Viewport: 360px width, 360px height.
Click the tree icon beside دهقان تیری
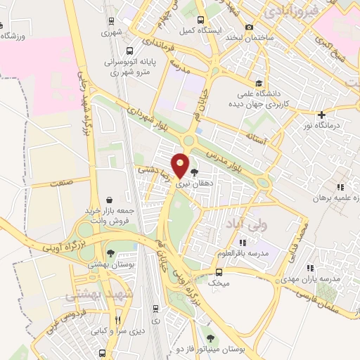pos(194,171)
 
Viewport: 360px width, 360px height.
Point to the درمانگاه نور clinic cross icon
pos(322,115)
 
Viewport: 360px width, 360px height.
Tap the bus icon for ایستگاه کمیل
pos(201,20)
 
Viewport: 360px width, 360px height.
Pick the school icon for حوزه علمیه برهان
pos(340,188)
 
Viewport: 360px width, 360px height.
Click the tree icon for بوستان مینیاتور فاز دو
pos(211,339)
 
